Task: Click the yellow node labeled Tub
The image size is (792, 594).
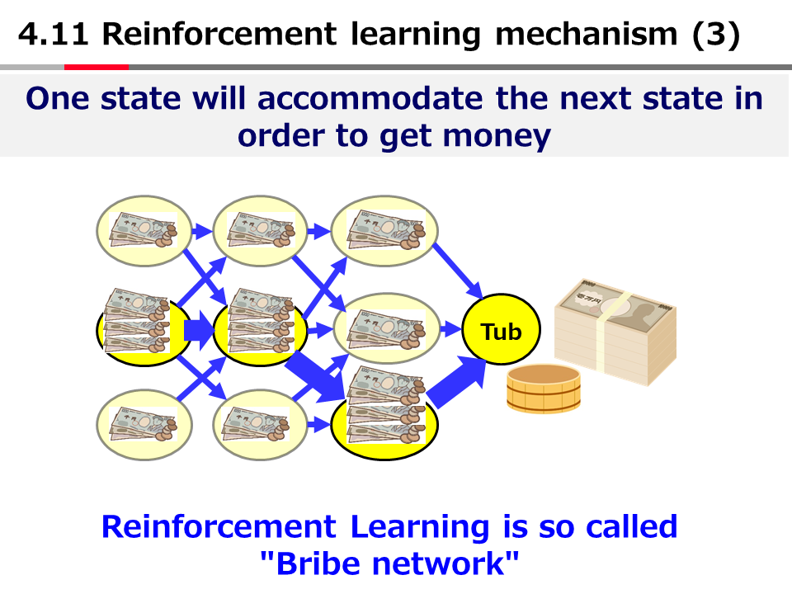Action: pyautogui.click(x=501, y=332)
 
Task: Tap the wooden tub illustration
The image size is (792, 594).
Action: pyautogui.click(x=544, y=389)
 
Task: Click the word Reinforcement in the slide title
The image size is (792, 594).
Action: pyautogui.click(x=219, y=35)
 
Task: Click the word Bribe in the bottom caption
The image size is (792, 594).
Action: pyautogui.click(x=318, y=563)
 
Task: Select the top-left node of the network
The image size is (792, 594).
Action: pyautogui.click(x=144, y=227)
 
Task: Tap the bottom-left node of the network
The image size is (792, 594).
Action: pyautogui.click(x=144, y=425)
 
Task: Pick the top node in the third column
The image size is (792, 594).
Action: pyautogui.click(x=384, y=227)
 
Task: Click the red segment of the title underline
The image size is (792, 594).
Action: pyautogui.click(x=97, y=67)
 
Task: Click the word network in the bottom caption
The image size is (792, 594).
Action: pyautogui.click(x=449, y=563)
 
